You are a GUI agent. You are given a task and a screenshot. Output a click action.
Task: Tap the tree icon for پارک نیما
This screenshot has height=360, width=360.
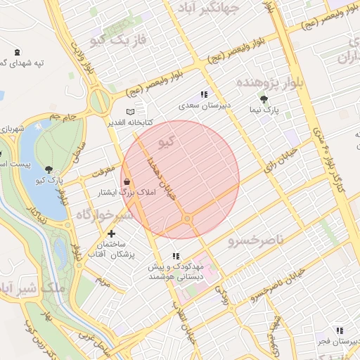264,99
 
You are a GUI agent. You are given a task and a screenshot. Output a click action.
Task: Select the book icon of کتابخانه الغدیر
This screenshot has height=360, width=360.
129,111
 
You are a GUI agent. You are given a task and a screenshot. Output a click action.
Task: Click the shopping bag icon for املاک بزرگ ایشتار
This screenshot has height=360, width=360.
127,181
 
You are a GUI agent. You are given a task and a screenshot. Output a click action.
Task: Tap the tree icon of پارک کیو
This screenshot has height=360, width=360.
48,169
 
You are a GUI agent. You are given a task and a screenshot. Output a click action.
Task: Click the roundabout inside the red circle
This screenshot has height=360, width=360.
187,219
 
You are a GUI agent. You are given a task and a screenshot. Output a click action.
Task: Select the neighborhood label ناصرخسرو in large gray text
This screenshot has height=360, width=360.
256,241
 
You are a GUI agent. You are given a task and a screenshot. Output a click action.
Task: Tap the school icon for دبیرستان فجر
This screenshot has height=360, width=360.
340,330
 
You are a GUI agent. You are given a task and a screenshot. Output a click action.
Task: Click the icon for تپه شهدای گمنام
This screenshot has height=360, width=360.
18,53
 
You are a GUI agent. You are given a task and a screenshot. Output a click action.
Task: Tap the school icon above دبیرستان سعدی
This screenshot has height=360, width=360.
204,94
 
